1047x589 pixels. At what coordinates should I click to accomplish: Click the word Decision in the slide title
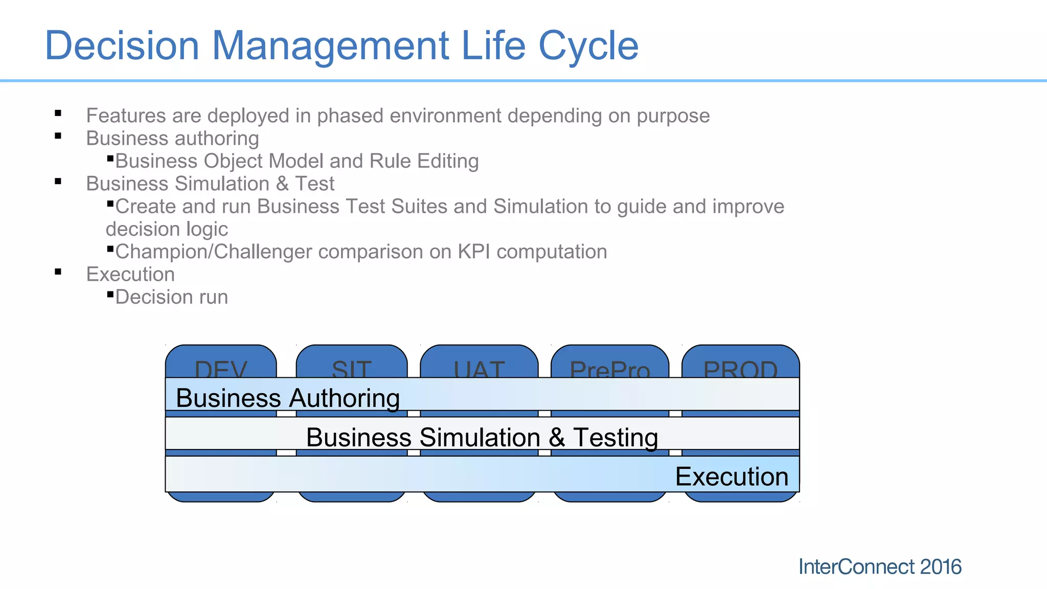click(x=122, y=46)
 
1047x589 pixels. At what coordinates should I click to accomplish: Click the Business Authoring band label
click(x=287, y=398)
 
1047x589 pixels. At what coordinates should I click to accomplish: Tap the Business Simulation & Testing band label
click(x=482, y=437)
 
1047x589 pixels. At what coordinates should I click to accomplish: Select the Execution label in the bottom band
click(x=732, y=477)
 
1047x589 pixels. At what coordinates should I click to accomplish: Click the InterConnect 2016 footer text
click(x=879, y=567)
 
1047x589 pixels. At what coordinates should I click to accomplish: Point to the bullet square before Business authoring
click(x=58, y=136)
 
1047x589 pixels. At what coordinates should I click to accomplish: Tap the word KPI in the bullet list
click(x=474, y=252)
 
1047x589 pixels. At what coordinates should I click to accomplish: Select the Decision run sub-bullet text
click(x=171, y=297)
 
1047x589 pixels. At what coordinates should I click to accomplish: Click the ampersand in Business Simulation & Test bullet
click(x=282, y=184)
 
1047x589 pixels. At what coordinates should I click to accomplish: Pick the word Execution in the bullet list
click(x=130, y=275)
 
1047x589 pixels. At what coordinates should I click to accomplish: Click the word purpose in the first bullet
click(x=673, y=116)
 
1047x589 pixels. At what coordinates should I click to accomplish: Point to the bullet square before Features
click(x=58, y=114)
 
